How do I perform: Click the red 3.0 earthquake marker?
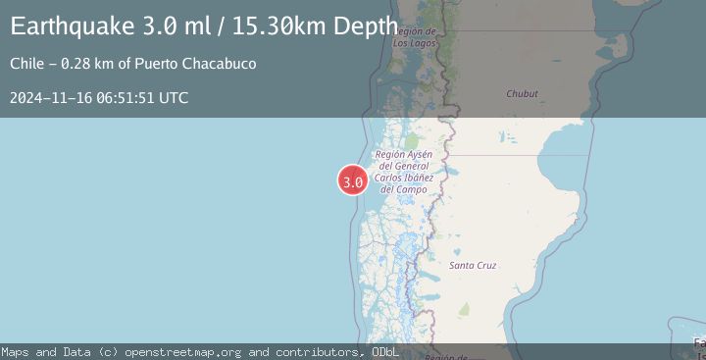[353, 180]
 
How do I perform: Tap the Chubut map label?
[522, 94]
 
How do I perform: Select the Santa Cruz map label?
[472, 266]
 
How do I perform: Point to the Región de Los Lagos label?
[413, 37]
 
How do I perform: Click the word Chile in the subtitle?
[26, 64]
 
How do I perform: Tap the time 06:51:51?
[124, 97]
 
